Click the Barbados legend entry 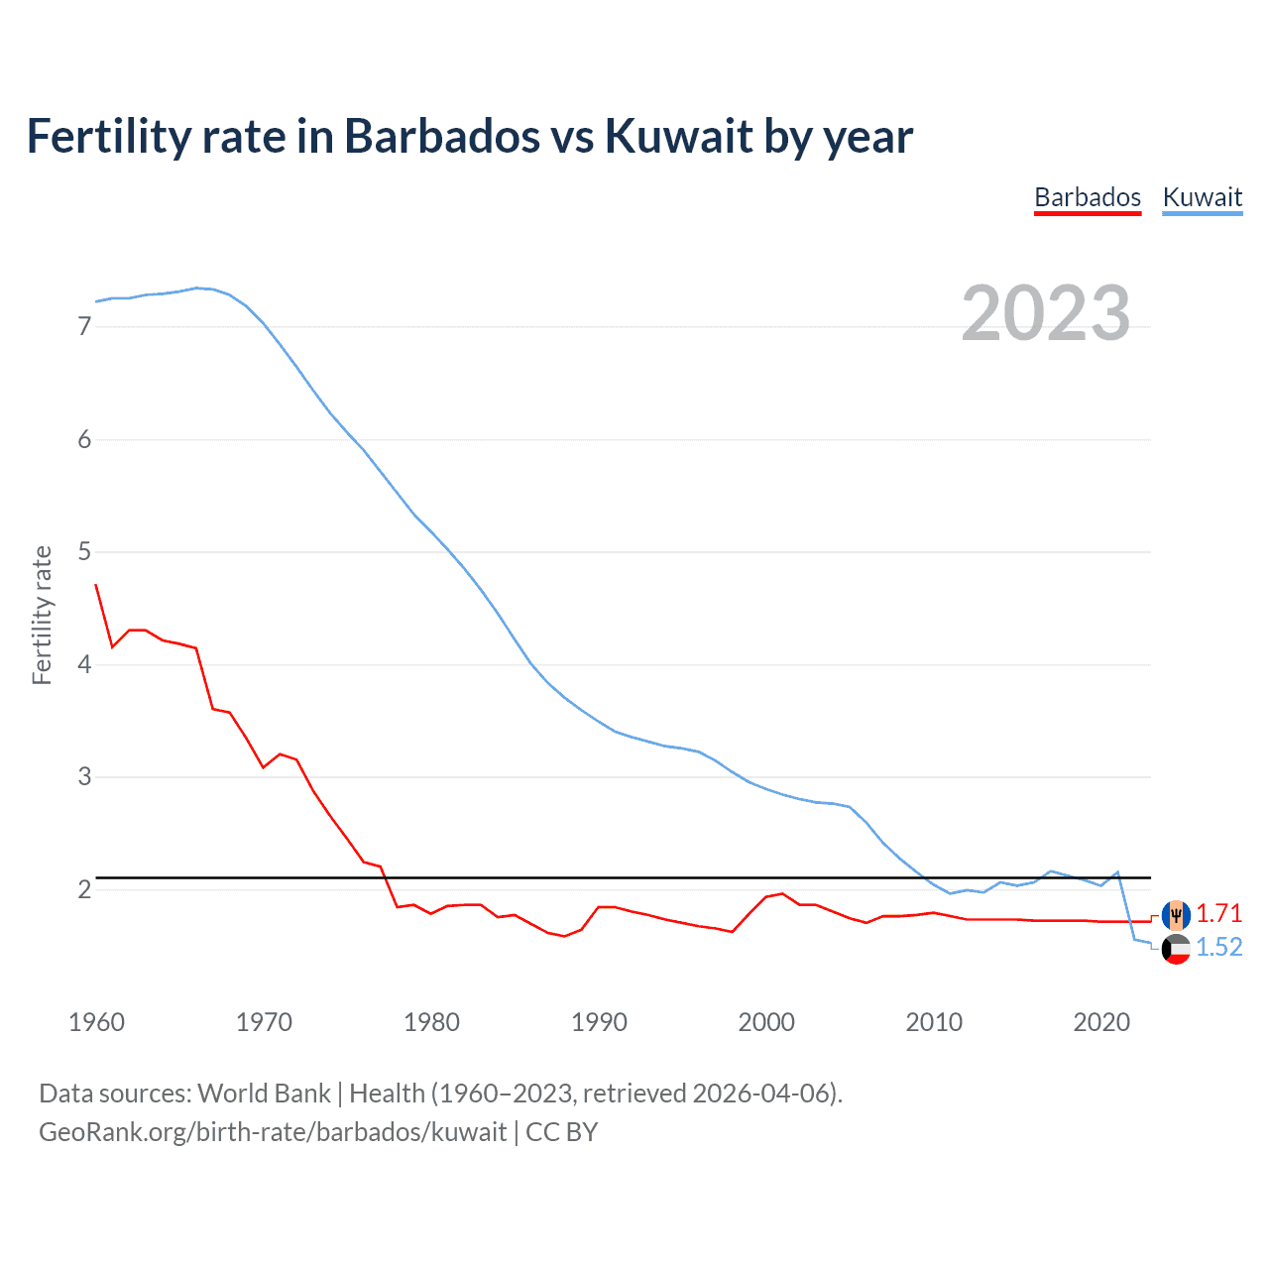tap(1088, 197)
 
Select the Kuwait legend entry tap(1202, 197)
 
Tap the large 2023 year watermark tap(1046, 313)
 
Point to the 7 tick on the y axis tap(84, 326)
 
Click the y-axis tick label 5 tap(84, 551)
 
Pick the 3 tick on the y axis tap(84, 776)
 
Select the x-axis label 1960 tap(96, 1022)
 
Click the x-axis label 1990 tap(599, 1022)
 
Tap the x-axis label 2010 tap(934, 1022)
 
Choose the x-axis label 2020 tap(1101, 1022)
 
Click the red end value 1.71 tap(1218, 913)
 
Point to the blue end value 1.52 tap(1218, 947)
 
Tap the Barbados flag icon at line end tap(1176, 914)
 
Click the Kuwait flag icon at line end tap(1176, 949)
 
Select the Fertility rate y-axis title tap(42, 615)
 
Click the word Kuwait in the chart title tap(679, 136)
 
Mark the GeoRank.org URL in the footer tap(273, 1132)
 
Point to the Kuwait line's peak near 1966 tap(196, 288)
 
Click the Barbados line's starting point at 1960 tap(96, 585)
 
